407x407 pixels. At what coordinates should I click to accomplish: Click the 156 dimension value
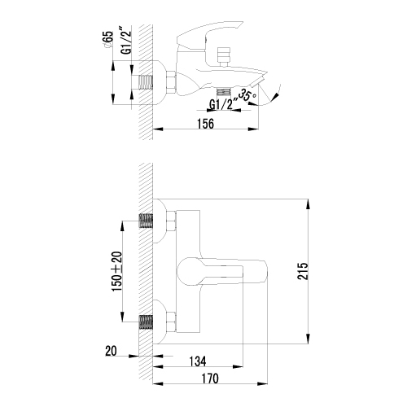[206, 124]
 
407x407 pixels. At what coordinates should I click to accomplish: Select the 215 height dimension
[303, 271]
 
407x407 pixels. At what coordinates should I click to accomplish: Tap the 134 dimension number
[198, 361]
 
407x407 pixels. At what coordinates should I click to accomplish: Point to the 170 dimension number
[210, 379]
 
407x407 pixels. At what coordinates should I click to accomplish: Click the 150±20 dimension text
[118, 272]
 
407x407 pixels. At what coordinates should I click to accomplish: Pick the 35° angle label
[246, 96]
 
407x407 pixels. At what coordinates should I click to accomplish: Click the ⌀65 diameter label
[107, 40]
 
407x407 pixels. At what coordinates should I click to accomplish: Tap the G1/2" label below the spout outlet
[221, 105]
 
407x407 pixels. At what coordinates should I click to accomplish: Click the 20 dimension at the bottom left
[111, 351]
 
